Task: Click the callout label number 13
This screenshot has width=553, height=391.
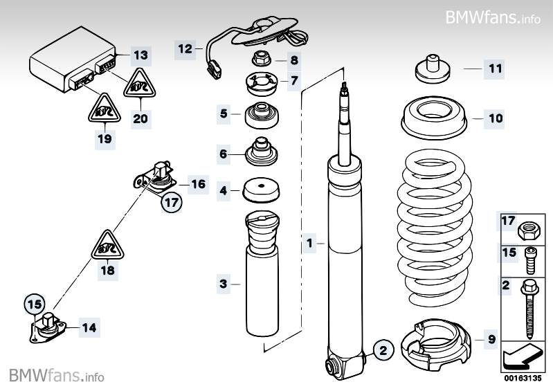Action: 140,55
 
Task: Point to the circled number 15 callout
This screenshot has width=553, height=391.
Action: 33,302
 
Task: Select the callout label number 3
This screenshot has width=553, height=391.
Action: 223,283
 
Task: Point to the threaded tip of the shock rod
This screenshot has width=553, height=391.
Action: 343,89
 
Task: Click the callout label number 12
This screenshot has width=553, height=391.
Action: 185,48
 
